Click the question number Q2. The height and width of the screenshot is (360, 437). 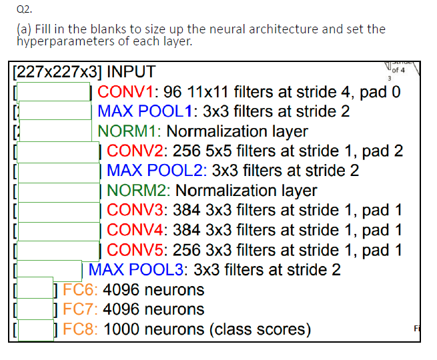pyautogui.click(x=16, y=9)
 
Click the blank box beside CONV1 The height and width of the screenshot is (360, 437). pyautogui.click(x=53, y=92)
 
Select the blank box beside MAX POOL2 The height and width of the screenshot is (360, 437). pyautogui.click(x=57, y=171)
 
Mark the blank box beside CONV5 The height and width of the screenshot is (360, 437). pyautogui.click(x=57, y=251)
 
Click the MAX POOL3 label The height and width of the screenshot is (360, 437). pyautogui.click(x=137, y=270)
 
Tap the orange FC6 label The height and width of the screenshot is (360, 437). pyautogui.click(x=80, y=290)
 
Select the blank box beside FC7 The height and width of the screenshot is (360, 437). pyautogui.click(x=35, y=309)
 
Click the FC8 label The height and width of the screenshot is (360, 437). pyautogui.click(x=80, y=329)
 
